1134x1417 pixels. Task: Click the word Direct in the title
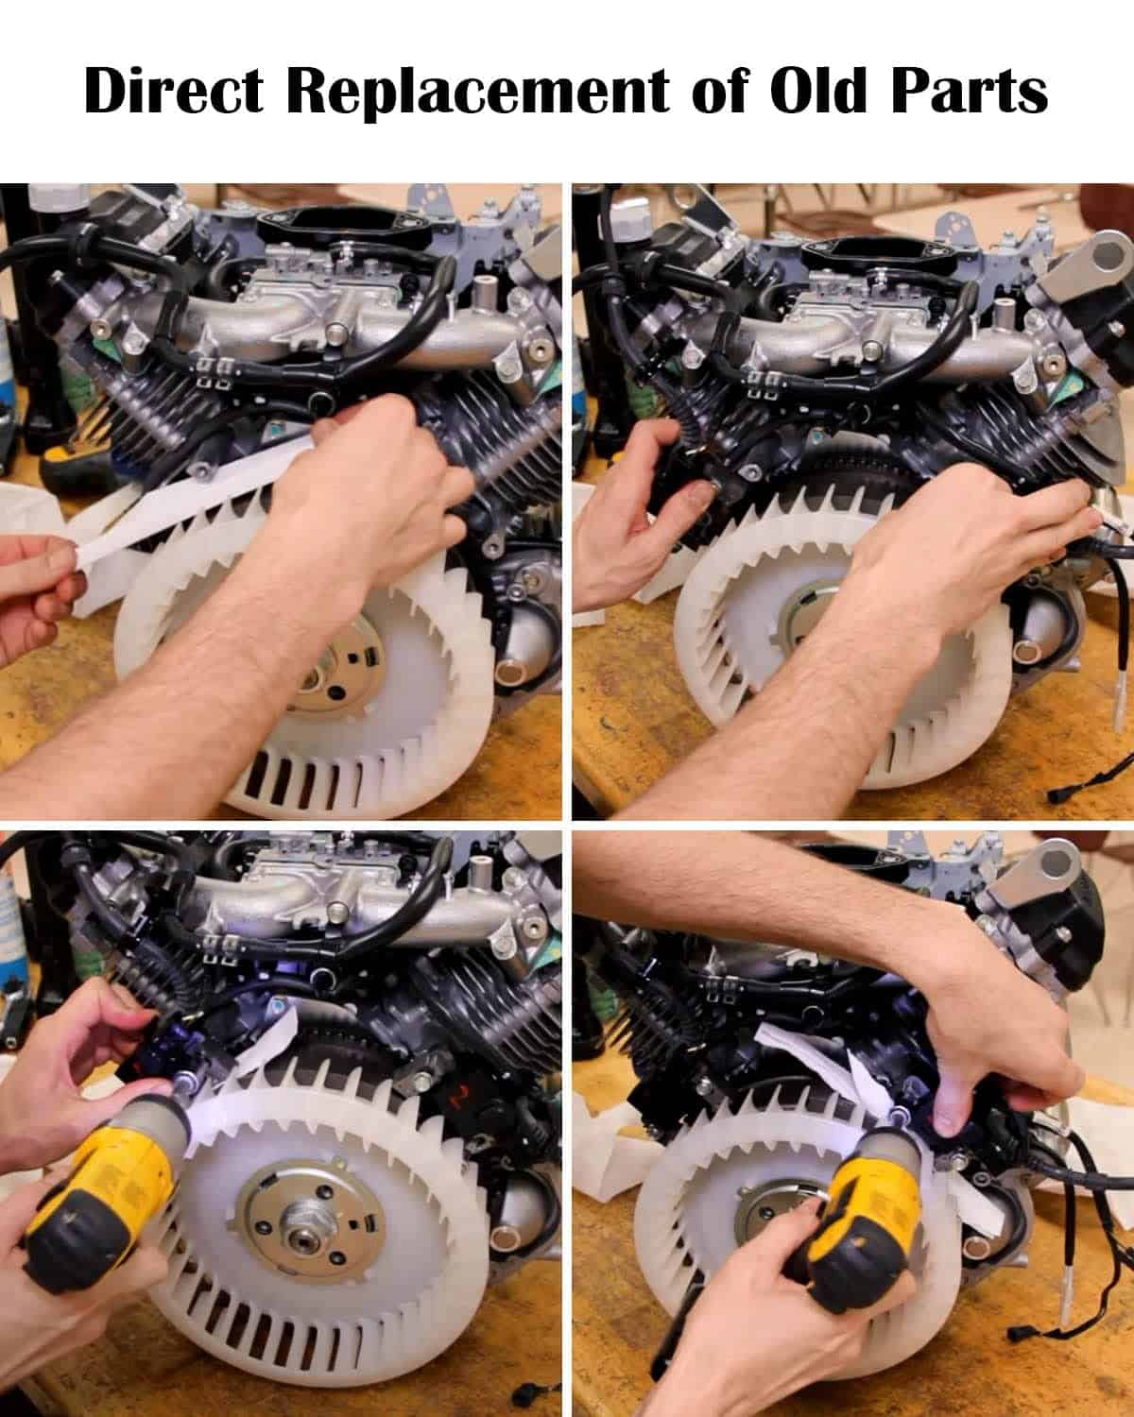tap(174, 91)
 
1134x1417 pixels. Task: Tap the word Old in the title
tap(818, 90)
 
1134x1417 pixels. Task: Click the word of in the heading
tap(719, 91)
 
